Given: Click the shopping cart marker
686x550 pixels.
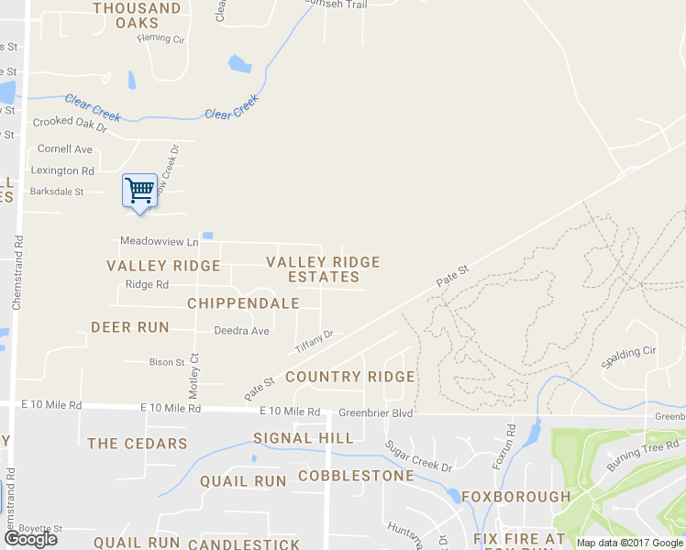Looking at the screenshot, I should click(139, 192).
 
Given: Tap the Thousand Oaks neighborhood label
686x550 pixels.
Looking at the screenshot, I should click(137, 16).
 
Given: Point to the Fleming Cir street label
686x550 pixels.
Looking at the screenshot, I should click(160, 38).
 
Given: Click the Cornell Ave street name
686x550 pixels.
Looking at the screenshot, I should click(65, 148).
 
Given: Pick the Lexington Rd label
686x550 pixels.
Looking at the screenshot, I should click(62, 170).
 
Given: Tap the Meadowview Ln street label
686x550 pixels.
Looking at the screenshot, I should click(160, 242).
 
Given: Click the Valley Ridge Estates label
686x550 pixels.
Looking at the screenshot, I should click(323, 269).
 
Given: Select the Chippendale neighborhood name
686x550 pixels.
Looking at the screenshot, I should click(243, 303).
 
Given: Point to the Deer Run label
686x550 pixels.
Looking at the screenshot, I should click(130, 327).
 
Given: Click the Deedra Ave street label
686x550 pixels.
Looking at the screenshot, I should click(241, 331).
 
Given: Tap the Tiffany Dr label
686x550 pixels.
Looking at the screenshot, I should click(314, 343).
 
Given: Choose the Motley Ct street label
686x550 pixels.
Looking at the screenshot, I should click(194, 376).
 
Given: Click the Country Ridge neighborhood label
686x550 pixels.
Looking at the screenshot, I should click(350, 377).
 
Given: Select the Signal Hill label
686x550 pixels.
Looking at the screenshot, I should click(303, 439).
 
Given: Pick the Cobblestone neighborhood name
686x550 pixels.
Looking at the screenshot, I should click(356, 477).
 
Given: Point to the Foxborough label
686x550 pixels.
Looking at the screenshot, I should click(515, 497).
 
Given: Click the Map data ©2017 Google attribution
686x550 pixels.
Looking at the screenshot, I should click(629, 543).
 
